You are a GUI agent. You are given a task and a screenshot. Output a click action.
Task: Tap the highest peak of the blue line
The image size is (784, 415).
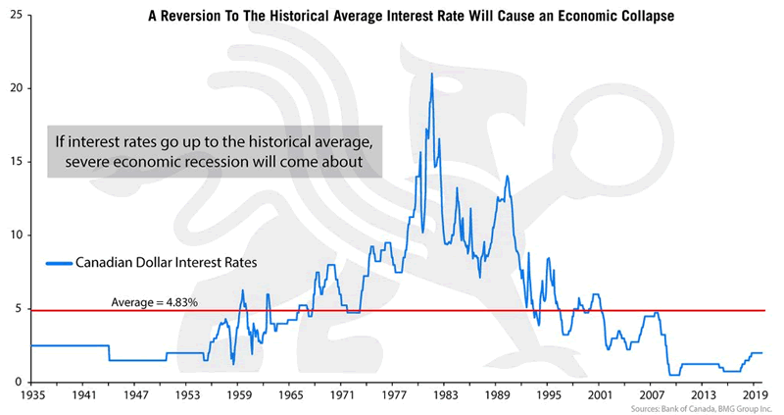(x=431, y=74)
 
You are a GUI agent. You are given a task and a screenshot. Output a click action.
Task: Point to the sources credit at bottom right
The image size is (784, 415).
(x=703, y=406)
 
